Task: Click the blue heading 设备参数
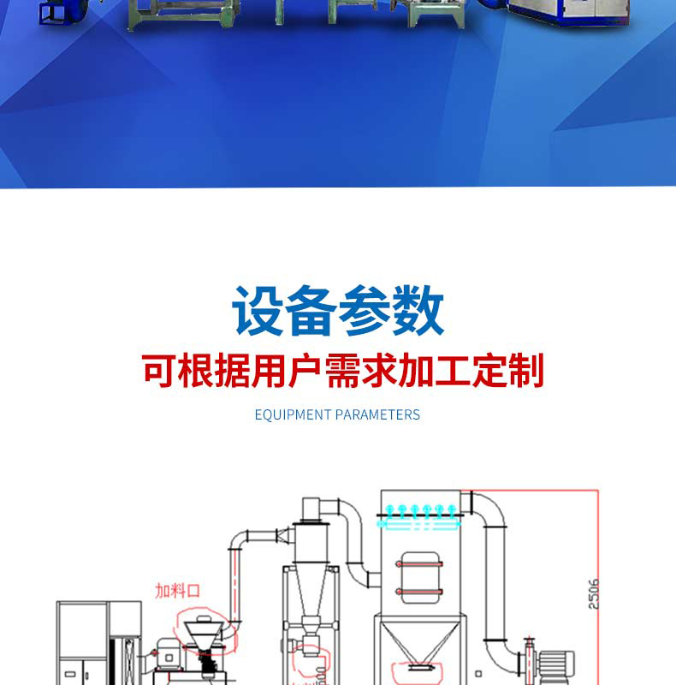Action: coord(338,313)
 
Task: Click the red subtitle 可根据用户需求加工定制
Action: coord(342,372)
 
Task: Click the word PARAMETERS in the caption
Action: coord(377,414)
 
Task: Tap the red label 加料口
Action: coord(177,591)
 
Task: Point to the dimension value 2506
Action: coord(594,593)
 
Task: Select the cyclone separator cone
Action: coord(307,592)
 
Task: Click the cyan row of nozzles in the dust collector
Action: coord(420,514)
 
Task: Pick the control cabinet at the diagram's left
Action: coord(86,642)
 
